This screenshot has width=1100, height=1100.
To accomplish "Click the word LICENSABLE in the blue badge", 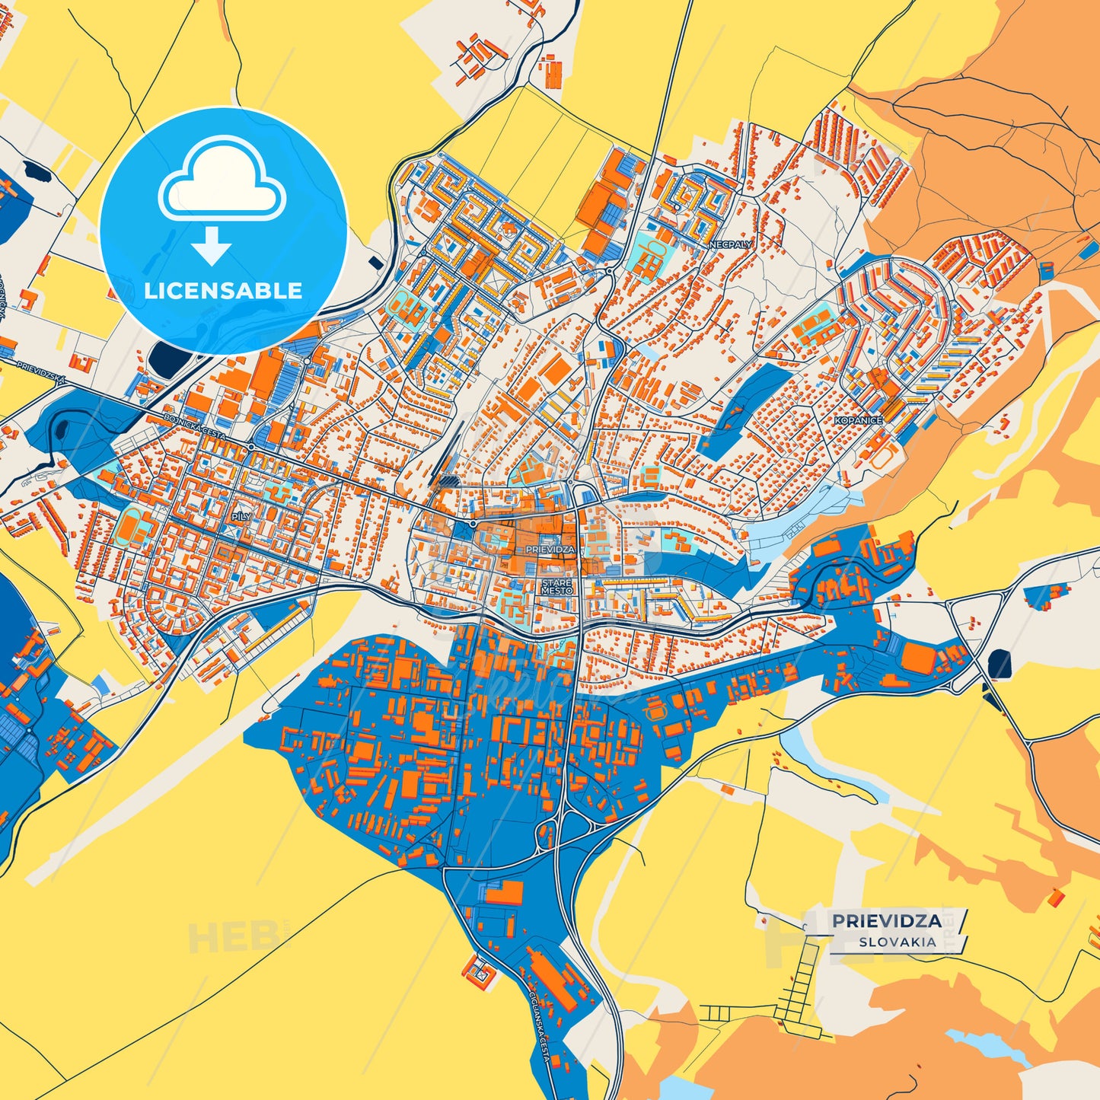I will (x=223, y=291).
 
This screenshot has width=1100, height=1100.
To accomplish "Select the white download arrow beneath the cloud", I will (x=212, y=245).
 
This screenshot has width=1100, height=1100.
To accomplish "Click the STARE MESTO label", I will (x=556, y=587).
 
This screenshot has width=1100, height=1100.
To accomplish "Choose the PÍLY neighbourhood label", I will (x=241, y=516).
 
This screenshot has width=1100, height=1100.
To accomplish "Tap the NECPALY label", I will (x=731, y=245).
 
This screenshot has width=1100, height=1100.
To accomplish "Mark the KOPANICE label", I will (x=858, y=420).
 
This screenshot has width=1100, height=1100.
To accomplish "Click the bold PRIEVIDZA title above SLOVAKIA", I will (x=886, y=921).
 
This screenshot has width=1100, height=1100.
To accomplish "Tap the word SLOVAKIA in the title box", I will (x=898, y=942).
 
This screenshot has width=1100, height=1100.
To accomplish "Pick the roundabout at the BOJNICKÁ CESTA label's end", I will (x=250, y=447).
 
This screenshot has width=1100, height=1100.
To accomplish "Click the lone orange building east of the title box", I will (x=1055, y=898).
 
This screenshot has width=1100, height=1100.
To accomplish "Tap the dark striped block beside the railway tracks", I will (x=448, y=481).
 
